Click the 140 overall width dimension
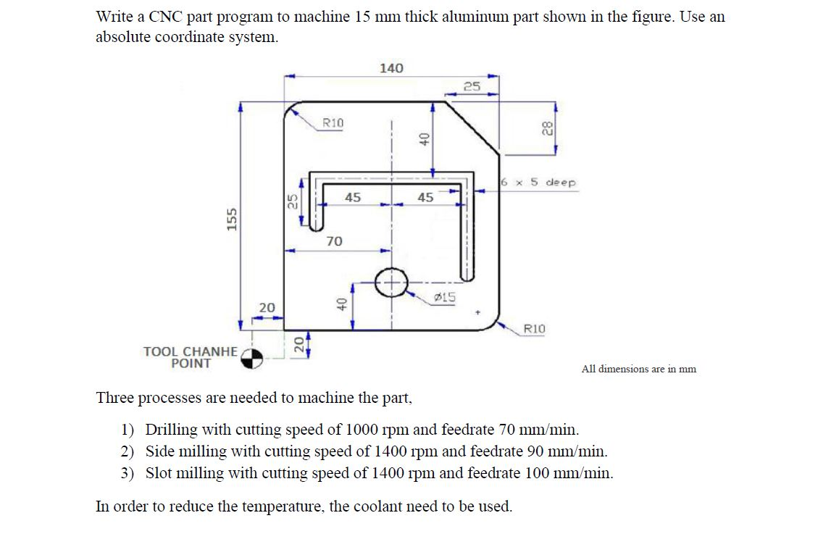[391, 68]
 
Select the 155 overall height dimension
[233, 218]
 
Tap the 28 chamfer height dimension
[547, 129]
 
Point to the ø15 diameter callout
[444, 296]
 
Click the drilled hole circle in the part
[391, 282]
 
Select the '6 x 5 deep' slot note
[539, 183]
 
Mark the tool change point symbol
[251, 358]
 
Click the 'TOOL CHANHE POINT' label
[191, 357]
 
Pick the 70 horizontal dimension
[334, 241]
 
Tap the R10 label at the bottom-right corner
[534, 329]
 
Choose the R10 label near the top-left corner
[333, 122]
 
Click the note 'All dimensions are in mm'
[638, 369]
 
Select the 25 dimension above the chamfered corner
[472, 86]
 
